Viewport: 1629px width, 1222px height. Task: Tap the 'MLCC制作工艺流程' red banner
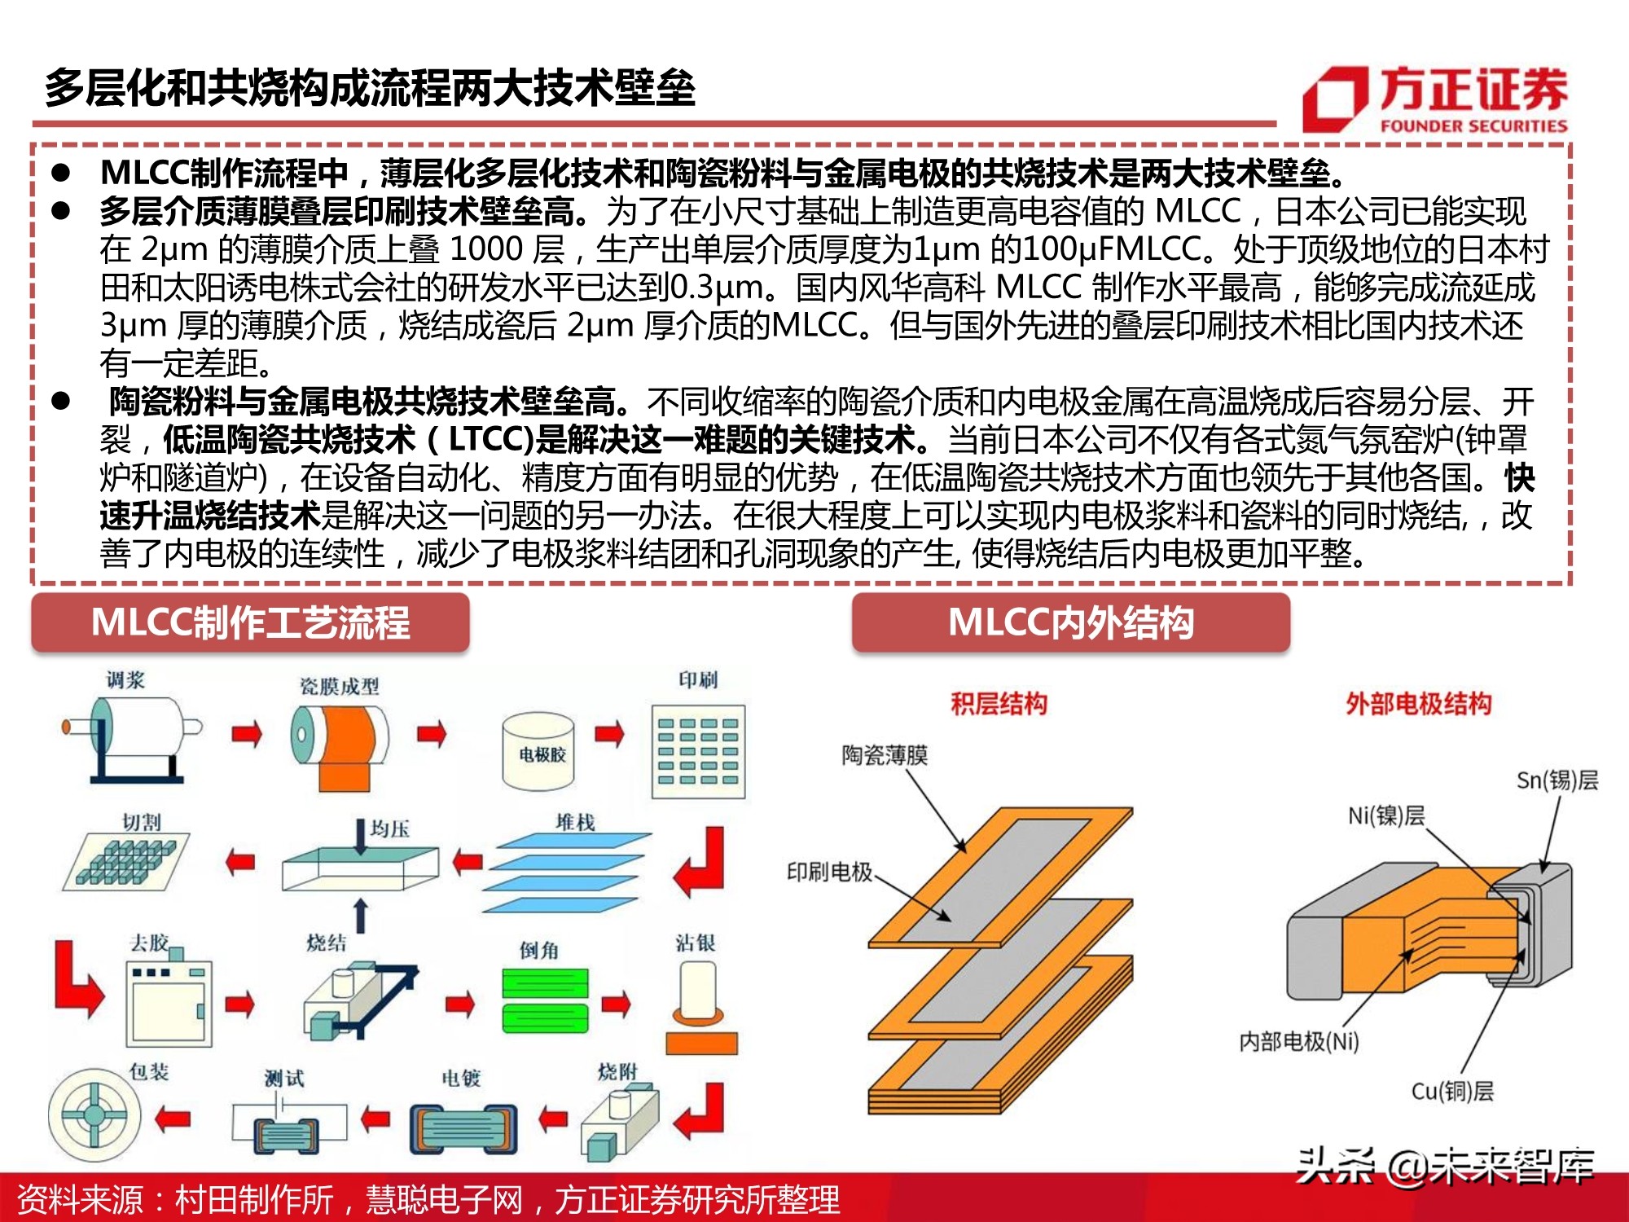(x=250, y=623)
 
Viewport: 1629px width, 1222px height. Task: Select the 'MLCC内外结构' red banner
(x=1070, y=623)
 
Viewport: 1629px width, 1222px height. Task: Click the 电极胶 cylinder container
(x=538, y=752)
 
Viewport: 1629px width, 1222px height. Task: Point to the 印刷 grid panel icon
(x=698, y=750)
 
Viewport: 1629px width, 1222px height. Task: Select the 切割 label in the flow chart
(x=141, y=821)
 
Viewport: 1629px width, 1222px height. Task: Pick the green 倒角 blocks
(x=545, y=1000)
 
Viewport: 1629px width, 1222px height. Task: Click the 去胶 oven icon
(x=169, y=1001)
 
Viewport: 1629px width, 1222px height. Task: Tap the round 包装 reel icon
(x=94, y=1114)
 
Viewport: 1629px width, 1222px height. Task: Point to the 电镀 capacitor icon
(x=463, y=1128)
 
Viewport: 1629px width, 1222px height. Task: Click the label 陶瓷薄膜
(x=885, y=755)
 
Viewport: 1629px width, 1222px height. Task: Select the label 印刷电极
(x=829, y=872)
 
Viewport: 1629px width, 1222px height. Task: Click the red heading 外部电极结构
(x=1418, y=703)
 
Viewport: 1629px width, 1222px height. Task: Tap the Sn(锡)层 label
(x=1557, y=780)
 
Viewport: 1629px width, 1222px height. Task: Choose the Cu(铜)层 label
(x=1452, y=1091)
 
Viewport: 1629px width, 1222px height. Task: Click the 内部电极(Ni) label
(x=1298, y=1041)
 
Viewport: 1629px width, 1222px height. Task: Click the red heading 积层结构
(x=999, y=703)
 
